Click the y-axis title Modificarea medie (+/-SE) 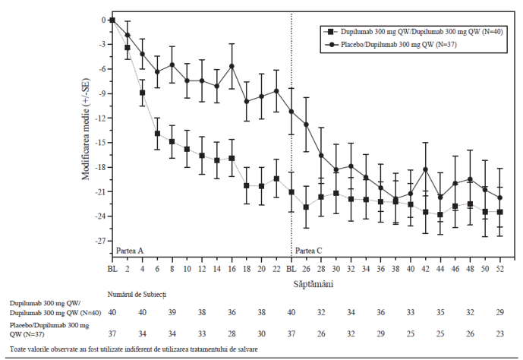click(x=86, y=129)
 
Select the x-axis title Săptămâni click(x=313, y=284)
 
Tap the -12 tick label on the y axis click(x=102, y=118)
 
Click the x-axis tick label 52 click(x=499, y=269)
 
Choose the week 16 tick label click(x=232, y=269)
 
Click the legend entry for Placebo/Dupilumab click(x=392, y=45)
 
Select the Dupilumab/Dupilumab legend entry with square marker click(x=413, y=32)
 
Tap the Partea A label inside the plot click(x=130, y=251)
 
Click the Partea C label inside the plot click(x=308, y=251)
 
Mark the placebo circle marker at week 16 click(x=232, y=66)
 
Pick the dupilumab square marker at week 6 click(x=157, y=134)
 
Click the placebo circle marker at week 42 click(x=425, y=169)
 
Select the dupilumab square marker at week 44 click(x=440, y=214)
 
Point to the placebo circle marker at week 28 click(x=321, y=156)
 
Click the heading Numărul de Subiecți click(x=137, y=295)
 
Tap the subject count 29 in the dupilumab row click(x=499, y=313)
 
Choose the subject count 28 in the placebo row click(x=232, y=333)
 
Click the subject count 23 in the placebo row click(x=499, y=333)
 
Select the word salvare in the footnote click(x=247, y=349)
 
